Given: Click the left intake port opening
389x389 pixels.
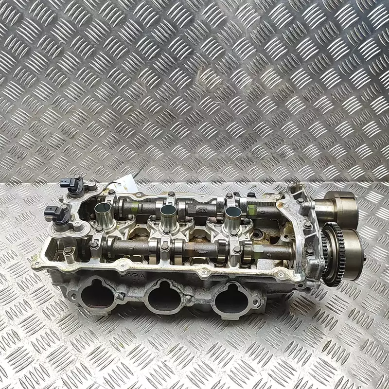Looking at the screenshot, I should coord(98,294).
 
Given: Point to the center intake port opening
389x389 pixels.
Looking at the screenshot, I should coord(164,297).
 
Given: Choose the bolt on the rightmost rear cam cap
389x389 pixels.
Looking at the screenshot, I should coord(229,196).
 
